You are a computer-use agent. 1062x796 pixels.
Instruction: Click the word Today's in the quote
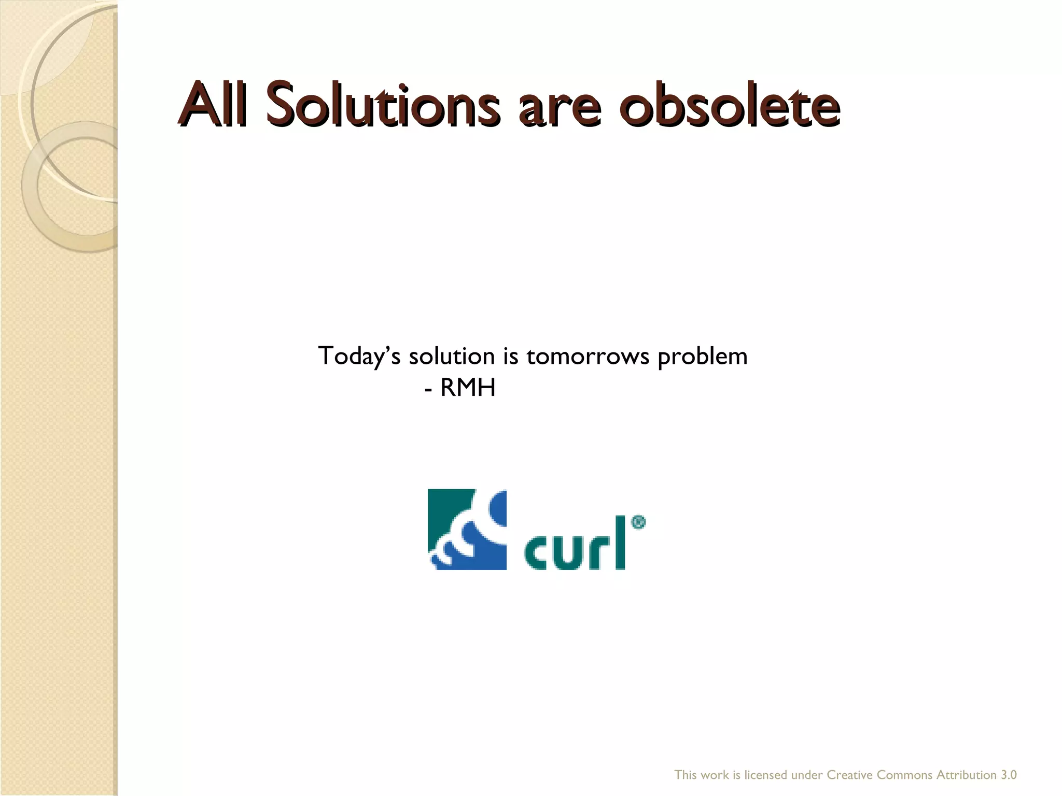tap(359, 357)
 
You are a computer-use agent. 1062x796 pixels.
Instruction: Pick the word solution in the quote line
tap(452, 357)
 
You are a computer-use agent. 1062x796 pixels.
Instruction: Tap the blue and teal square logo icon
tap(467, 529)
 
